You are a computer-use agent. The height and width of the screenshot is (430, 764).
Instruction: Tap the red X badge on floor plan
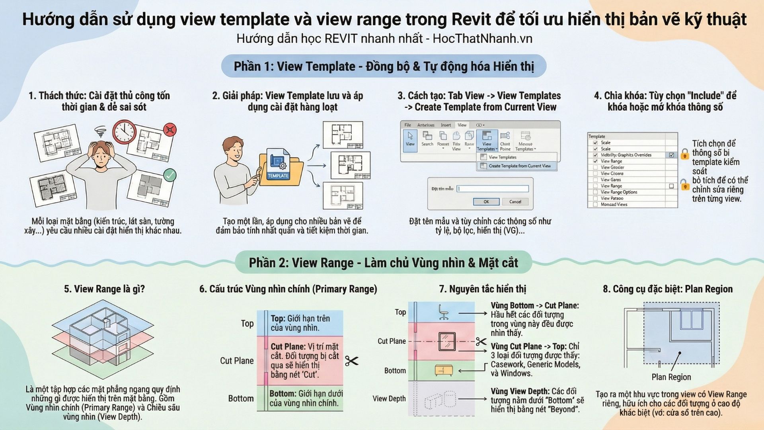(x=170, y=129)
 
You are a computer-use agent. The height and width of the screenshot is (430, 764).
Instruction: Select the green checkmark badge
(x=170, y=175)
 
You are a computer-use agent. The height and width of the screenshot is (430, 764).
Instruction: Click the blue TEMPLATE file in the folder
(x=278, y=165)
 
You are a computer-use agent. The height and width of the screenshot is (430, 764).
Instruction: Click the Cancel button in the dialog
(x=515, y=201)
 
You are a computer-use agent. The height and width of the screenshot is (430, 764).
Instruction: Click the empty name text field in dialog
(x=493, y=189)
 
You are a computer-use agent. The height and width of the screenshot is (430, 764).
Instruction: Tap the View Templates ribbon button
(x=487, y=141)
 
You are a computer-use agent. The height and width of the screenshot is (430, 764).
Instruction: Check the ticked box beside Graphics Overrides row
(x=672, y=155)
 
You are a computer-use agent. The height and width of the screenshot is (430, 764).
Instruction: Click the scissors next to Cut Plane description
(x=351, y=361)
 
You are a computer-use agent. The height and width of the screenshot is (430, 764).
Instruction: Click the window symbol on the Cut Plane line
(x=447, y=341)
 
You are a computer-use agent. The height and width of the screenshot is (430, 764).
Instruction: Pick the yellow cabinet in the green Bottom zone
(x=444, y=370)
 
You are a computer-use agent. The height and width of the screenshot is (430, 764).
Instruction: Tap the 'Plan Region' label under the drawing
(x=671, y=377)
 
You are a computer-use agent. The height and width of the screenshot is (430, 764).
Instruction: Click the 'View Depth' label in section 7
(x=389, y=399)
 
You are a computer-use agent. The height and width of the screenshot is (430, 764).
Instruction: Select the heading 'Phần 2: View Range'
(x=383, y=263)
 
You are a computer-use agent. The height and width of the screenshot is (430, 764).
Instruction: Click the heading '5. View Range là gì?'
(x=104, y=289)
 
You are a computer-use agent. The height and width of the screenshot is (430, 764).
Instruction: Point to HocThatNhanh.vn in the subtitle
(x=482, y=39)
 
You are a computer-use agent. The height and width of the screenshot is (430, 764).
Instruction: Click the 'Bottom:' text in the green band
(x=282, y=393)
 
